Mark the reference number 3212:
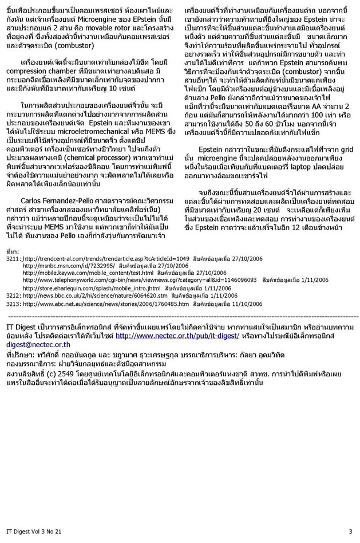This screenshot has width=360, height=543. (13, 295)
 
